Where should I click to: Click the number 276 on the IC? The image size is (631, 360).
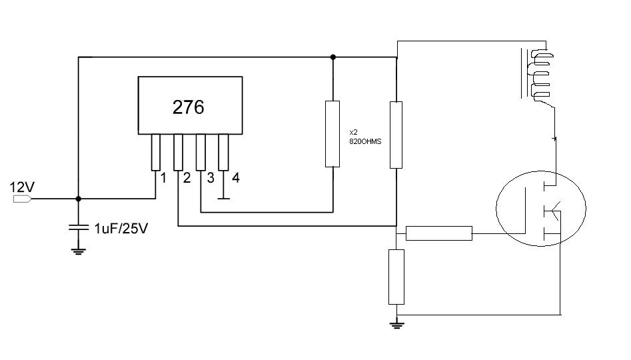[x=189, y=107]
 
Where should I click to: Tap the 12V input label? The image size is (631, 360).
[x=22, y=187]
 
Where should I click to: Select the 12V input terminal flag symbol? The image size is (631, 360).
[x=22, y=199]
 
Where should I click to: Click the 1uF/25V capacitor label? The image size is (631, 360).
[x=121, y=229]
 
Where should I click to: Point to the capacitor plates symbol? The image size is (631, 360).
[x=79, y=227]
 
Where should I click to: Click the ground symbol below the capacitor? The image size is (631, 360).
[x=79, y=252]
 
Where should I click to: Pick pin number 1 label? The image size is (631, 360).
[x=163, y=177]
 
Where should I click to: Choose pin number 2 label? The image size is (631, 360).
[x=187, y=177]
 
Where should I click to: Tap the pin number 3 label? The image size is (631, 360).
[x=211, y=177]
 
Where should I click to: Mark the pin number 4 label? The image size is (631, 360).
[x=236, y=177]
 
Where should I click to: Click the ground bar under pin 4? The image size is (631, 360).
[x=223, y=199]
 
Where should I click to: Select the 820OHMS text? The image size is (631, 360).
[x=365, y=142]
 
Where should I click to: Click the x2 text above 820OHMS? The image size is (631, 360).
[x=353, y=132]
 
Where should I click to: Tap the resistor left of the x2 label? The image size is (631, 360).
[x=332, y=134]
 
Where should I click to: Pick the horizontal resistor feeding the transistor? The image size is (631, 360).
[x=439, y=233]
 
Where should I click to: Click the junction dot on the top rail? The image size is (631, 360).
[x=332, y=57]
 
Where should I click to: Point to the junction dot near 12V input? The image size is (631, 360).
[x=79, y=199]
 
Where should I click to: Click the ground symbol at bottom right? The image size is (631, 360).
[x=396, y=325]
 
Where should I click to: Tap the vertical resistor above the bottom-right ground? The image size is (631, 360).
[x=396, y=277]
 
